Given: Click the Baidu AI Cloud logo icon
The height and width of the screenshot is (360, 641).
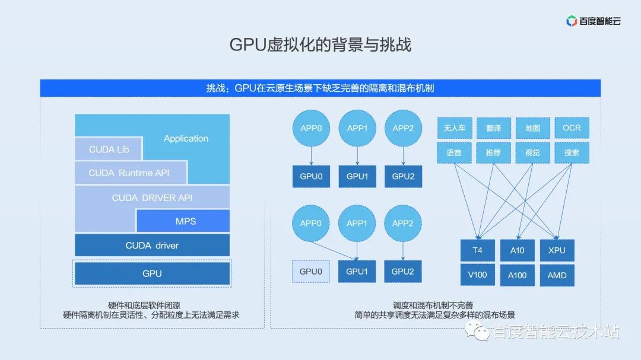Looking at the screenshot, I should click(x=572, y=21).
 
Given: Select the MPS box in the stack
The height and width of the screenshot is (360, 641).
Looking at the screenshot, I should click(x=185, y=221).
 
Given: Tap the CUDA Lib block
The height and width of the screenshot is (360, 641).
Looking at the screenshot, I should click(x=109, y=149).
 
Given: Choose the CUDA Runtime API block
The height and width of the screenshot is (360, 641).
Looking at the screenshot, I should click(x=129, y=173).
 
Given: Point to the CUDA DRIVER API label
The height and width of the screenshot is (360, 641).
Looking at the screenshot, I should click(x=152, y=197).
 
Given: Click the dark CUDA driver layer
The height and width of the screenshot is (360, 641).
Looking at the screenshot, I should click(x=152, y=246).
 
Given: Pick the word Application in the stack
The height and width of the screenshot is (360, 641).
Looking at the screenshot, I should click(x=186, y=138).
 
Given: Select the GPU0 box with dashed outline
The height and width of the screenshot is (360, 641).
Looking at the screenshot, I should click(x=311, y=272).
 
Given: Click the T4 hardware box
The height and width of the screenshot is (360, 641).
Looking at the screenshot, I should click(x=478, y=250).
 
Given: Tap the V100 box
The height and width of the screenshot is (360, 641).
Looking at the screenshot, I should click(x=478, y=275).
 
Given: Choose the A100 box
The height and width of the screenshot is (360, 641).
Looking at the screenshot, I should click(x=517, y=275).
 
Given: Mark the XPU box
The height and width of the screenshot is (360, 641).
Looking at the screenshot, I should click(x=557, y=250).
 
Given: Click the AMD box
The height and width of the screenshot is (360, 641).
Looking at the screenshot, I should click(x=557, y=275).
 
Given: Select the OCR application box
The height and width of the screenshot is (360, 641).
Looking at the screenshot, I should click(x=572, y=128).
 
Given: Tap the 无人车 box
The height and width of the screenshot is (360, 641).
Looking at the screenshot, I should click(x=454, y=128).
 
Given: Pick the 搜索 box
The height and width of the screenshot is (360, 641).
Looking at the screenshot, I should click(x=572, y=152).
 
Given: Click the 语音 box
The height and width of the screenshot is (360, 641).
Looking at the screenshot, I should click(x=454, y=152).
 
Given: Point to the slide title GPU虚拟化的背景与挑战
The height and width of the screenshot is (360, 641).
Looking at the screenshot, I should click(x=320, y=46).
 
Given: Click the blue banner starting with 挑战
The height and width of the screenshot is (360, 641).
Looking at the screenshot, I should click(x=320, y=88).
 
